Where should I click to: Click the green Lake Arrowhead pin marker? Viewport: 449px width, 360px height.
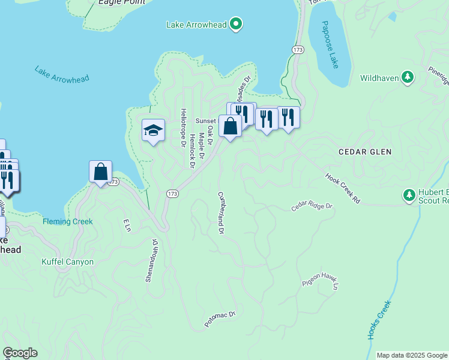237,24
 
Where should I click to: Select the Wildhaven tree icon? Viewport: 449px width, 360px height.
408,77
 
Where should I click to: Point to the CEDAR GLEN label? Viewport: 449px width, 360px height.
364,152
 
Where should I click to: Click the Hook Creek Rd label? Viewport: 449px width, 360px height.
342,188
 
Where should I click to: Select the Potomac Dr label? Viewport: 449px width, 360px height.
220,319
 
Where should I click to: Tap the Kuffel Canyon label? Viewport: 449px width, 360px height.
68,262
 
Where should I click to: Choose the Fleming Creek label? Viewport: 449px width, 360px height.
68,221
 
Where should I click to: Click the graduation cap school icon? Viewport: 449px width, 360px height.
153,130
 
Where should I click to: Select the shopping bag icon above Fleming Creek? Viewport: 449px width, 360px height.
100,171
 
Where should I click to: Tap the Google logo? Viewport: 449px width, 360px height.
20,353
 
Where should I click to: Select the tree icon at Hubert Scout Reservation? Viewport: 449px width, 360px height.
409,195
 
